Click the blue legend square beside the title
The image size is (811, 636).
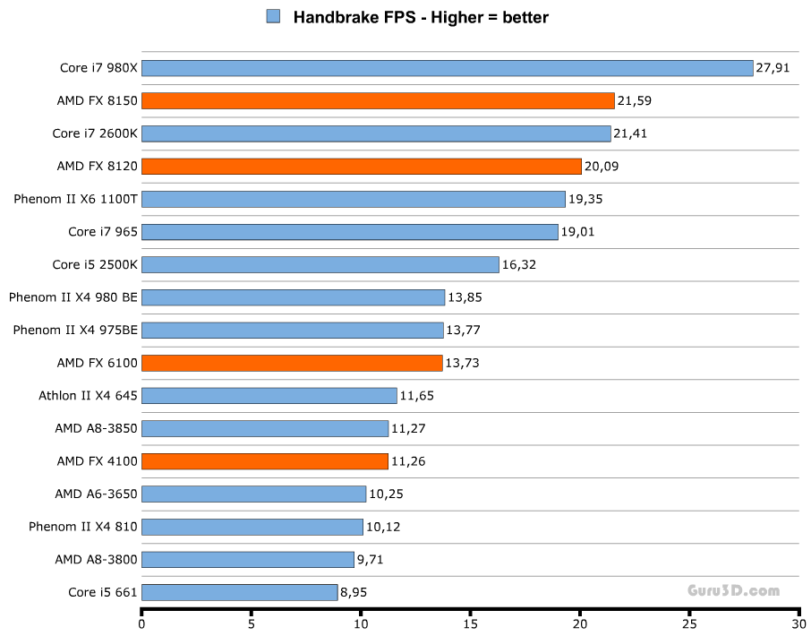[274, 16]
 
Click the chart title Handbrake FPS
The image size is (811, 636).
[421, 16]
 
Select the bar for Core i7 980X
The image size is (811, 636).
[447, 68]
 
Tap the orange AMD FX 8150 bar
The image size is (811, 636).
[378, 100]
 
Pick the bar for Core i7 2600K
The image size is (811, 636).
[376, 133]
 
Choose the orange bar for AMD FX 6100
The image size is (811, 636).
[292, 363]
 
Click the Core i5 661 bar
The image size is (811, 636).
[239, 592]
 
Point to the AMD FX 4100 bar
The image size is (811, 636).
[264, 461]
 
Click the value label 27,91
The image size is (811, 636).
[773, 68]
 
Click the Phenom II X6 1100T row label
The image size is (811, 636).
[75, 199]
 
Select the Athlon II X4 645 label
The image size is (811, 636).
[88, 395]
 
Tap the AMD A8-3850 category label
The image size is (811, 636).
[96, 428]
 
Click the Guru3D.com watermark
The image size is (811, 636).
[733, 591]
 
